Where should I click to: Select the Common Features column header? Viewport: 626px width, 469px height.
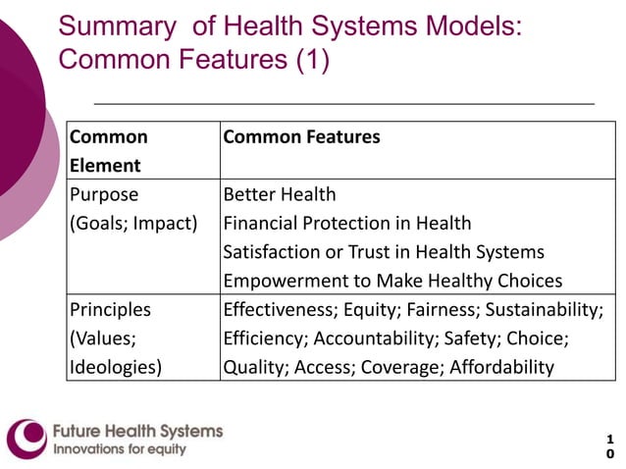point(301,137)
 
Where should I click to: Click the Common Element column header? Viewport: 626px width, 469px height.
point(108,151)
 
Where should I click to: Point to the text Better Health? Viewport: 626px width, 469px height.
point(280,194)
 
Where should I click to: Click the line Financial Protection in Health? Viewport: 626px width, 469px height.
point(347,223)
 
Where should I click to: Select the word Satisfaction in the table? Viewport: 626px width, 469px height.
point(269,252)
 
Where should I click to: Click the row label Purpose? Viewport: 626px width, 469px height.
point(104,194)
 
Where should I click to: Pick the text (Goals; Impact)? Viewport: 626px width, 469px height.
point(133,223)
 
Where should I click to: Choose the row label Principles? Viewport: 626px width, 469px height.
point(111,310)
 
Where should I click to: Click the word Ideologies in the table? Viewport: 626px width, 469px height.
point(114,368)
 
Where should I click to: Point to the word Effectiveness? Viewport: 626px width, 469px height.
point(278,310)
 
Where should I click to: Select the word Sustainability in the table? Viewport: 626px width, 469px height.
point(545,310)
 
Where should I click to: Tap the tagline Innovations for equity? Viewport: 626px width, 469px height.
point(119,450)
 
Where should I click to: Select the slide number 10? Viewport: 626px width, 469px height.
point(609,446)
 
